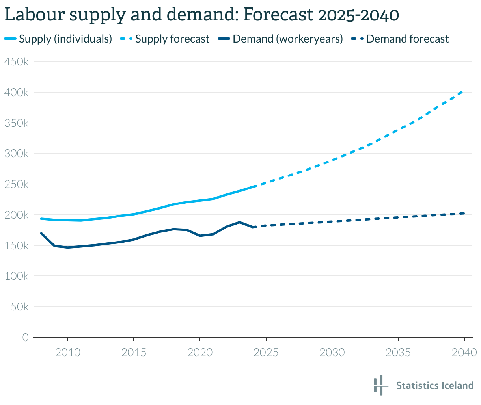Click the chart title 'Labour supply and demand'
click(x=201, y=15)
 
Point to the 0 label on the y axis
click(x=25, y=338)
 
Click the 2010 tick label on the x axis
click(x=68, y=352)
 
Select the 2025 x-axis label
click(x=266, y=352)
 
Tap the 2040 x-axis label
click(x=464, y=352)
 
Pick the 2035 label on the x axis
click(x=398, y=352)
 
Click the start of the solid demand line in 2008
click(x=41, y=233)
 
